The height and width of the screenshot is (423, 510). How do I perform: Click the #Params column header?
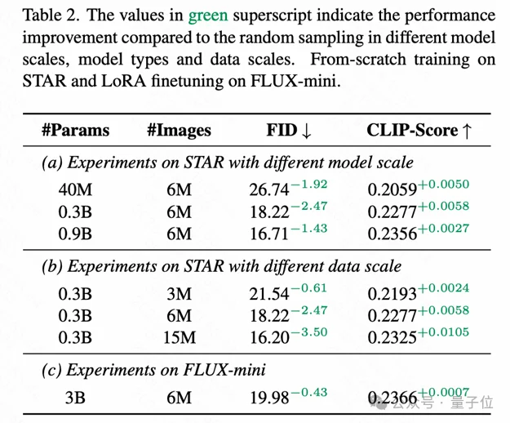[x=75, y=130]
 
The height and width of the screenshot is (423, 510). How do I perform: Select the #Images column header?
[x=179, y=130]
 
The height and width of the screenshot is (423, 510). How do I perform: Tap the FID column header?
[x=290, y=130]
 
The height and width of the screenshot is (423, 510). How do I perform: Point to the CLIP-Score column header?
[x=419, y=130]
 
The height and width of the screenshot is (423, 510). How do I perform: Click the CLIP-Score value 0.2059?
[x=392, y=190]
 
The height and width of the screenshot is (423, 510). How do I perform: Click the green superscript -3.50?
[x=310, y=331]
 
